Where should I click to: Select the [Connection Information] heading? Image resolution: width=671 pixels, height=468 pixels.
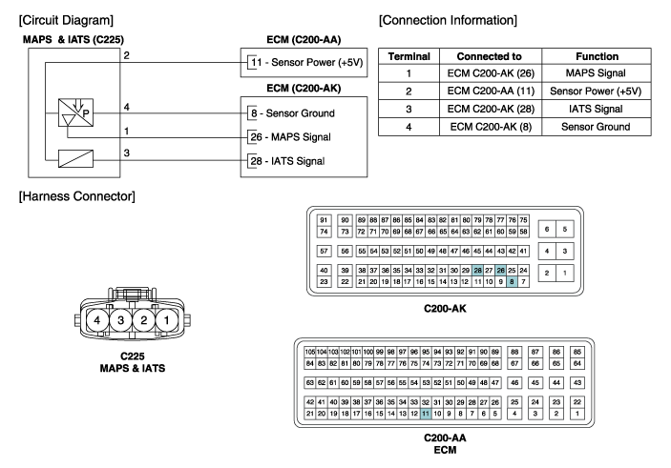click(449, 19)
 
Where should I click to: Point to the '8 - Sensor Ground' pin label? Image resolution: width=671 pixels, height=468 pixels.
click(292, 112)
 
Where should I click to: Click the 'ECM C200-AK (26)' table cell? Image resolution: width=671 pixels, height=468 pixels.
click(489, 74)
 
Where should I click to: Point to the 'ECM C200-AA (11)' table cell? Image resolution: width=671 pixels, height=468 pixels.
click(489, 92)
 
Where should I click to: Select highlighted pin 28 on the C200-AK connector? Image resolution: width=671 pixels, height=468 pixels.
click(478, 271)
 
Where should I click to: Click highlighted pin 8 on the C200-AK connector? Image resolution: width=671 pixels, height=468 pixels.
click(513, 281)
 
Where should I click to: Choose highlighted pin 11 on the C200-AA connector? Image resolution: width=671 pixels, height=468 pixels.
click(425, 415)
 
